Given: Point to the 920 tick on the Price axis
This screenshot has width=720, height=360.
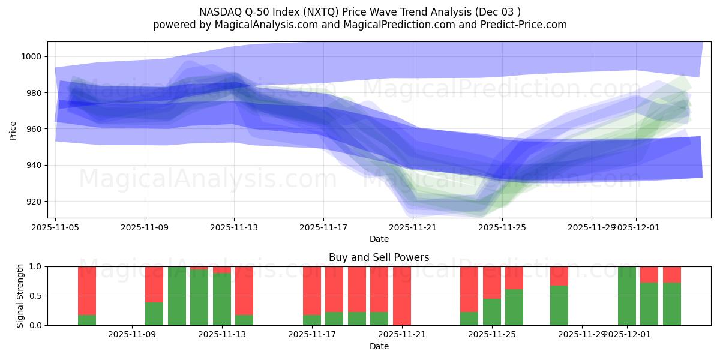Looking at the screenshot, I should pos(35,202).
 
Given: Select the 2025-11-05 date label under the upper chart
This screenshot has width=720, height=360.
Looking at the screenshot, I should pos(56,227).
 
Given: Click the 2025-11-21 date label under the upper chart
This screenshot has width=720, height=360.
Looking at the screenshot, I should pos(413,227).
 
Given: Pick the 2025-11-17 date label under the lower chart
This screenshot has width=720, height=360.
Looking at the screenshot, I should pos(312,335).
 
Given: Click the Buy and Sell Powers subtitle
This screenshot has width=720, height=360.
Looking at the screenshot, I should pos(379,257).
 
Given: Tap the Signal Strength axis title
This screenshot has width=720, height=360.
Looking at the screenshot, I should pos(20,296).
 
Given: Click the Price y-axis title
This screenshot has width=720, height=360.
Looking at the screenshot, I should pos(13,130).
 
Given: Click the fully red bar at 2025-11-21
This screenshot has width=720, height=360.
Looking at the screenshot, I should pos(402,296).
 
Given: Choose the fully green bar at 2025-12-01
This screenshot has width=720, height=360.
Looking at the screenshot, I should pos(627,296).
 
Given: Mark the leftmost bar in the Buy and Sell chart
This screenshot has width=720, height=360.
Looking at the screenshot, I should pos(87,296).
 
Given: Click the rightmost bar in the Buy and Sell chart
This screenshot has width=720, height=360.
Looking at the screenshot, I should pos(672,296).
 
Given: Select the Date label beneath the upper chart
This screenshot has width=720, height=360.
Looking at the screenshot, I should pos(379,239).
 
